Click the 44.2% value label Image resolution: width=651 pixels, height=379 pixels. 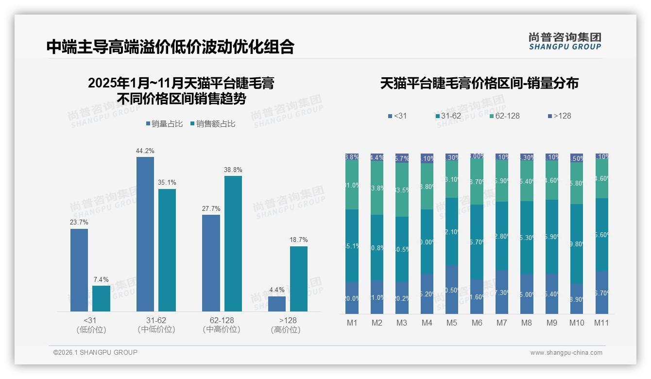point(145,151)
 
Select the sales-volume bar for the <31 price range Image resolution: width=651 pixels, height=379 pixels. point(79,270)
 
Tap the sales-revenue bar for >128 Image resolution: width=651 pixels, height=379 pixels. point(299,278)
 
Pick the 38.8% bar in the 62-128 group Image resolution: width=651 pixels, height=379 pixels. point(233,243)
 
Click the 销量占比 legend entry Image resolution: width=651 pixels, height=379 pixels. point(164,124)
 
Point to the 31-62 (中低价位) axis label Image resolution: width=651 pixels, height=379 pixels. point(156,325)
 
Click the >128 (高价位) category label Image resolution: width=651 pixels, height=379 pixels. point(288,325)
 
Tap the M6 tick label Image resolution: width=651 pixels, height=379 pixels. point(477,323)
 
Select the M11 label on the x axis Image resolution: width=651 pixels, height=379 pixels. point(602,323)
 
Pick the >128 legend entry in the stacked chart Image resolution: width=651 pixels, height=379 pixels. point(560,116)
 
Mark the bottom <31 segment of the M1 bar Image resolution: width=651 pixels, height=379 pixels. point(352,298)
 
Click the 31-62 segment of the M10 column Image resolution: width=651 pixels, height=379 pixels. point(577,243)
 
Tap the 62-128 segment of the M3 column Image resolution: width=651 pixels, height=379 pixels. point(402,189)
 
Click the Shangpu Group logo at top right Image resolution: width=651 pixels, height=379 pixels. point(565,41)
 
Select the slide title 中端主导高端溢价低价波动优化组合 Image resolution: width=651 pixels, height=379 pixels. point(171,47)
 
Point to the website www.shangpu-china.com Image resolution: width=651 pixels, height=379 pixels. point(566,353)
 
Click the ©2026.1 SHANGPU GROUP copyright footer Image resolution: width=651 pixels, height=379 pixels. point(95,352)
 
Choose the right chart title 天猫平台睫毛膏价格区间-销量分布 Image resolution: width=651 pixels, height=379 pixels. point(479,83)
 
